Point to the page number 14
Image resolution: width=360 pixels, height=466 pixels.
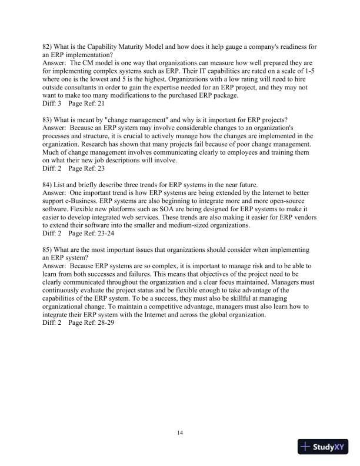(x=180, y=433)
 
